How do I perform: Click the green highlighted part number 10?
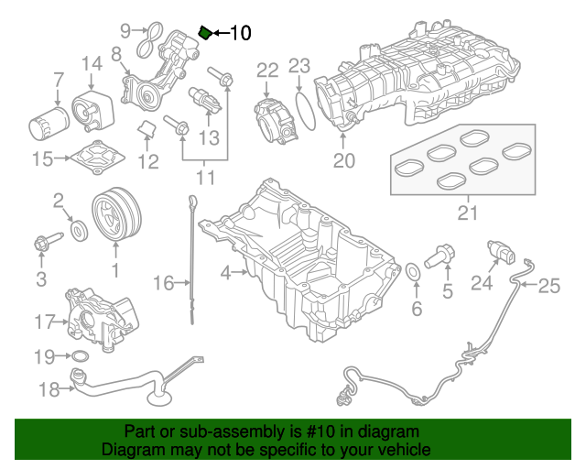(x=206, y=34)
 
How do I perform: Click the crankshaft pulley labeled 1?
(x=115, y=215)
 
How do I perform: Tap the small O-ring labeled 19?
(x=79, y=355)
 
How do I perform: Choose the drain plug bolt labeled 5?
(x=442, y=254)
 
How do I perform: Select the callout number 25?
(x=548, y=287)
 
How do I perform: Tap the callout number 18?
(x=49, y=389)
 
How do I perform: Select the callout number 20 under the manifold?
(x=343, y=162)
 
